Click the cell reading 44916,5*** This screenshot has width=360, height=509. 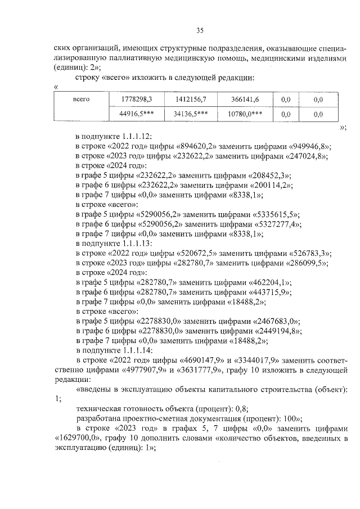(137, 114)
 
